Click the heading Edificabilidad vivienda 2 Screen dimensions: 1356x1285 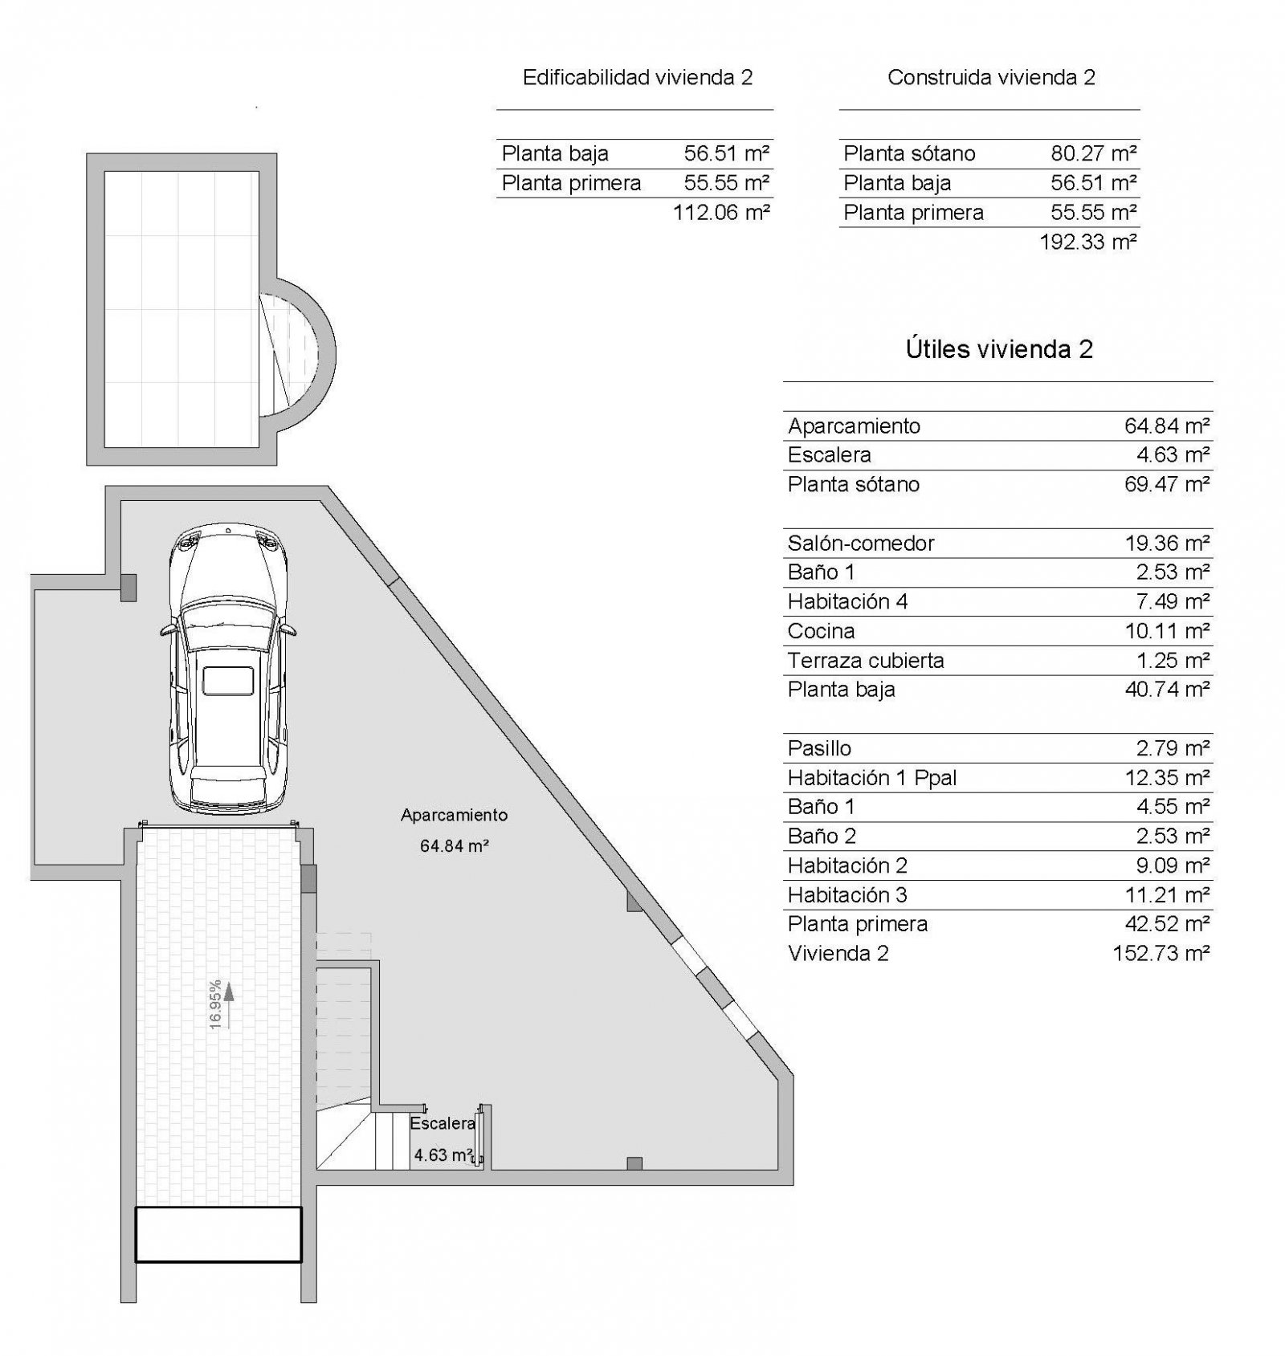[637, 77]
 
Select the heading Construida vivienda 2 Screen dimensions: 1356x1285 [991, 77]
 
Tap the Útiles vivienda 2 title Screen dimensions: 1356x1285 [999, 349]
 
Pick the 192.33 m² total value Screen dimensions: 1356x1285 [1087, 242]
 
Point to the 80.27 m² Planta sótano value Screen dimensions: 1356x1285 [1093, 153]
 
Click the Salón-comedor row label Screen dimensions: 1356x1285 [861, 544]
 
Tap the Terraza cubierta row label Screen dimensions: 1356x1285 [866, 661]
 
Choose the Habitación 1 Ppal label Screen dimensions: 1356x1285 [872, 778]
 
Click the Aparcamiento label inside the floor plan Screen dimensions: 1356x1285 [455, 815]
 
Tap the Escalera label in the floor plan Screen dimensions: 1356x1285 [442, 1123]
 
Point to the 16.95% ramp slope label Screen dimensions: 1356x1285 [214, 1004]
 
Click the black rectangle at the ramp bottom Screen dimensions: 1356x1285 [218, 1234]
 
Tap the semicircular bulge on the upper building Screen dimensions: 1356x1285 [302, 354]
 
